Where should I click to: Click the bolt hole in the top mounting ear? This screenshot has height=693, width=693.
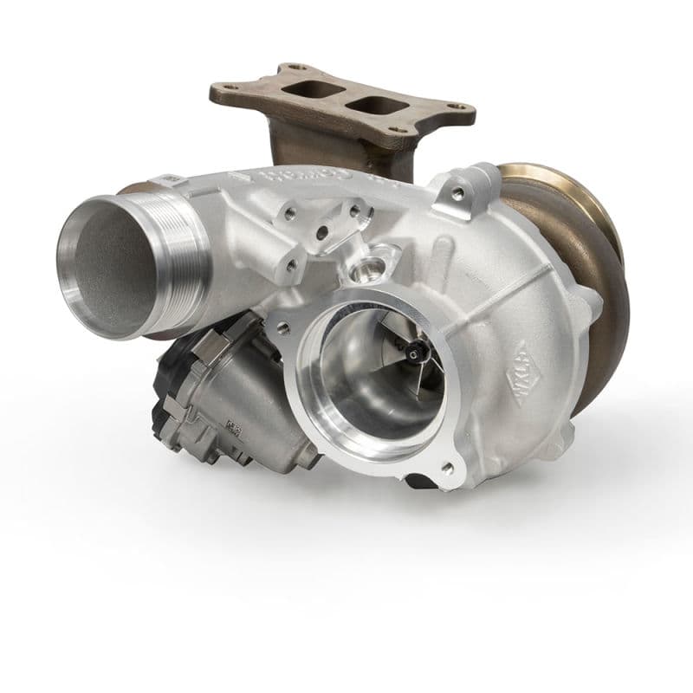(x=457, y=193)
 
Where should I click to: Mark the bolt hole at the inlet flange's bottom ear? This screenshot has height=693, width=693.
(x=448, y=468)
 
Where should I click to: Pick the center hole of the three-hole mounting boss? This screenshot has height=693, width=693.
(x=321, y=233)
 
